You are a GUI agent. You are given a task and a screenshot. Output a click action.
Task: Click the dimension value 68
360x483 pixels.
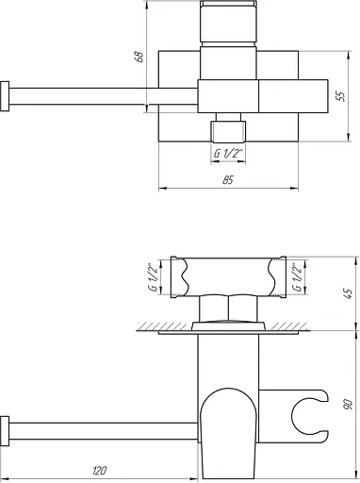tap(139, 56)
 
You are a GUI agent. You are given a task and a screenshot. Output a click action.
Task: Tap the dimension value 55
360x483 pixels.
tap(340, 95)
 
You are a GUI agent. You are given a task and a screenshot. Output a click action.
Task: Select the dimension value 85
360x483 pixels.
tap(228, 180)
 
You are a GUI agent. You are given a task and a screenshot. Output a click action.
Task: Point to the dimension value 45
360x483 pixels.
tap(349, 293)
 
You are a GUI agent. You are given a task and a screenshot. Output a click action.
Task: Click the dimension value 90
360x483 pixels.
tap(349, 405)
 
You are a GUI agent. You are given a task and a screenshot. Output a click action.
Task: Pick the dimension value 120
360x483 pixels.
tap(100, 471)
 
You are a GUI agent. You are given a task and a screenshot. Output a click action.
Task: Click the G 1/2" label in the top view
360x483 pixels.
tap(229, 154)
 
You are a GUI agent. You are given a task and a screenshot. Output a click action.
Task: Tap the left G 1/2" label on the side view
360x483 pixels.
tap(154, 277)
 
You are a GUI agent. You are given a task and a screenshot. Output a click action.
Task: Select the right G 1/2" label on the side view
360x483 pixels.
tap(297, 277)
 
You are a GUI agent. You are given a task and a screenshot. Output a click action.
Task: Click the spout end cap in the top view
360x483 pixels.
tap(5, 96)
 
